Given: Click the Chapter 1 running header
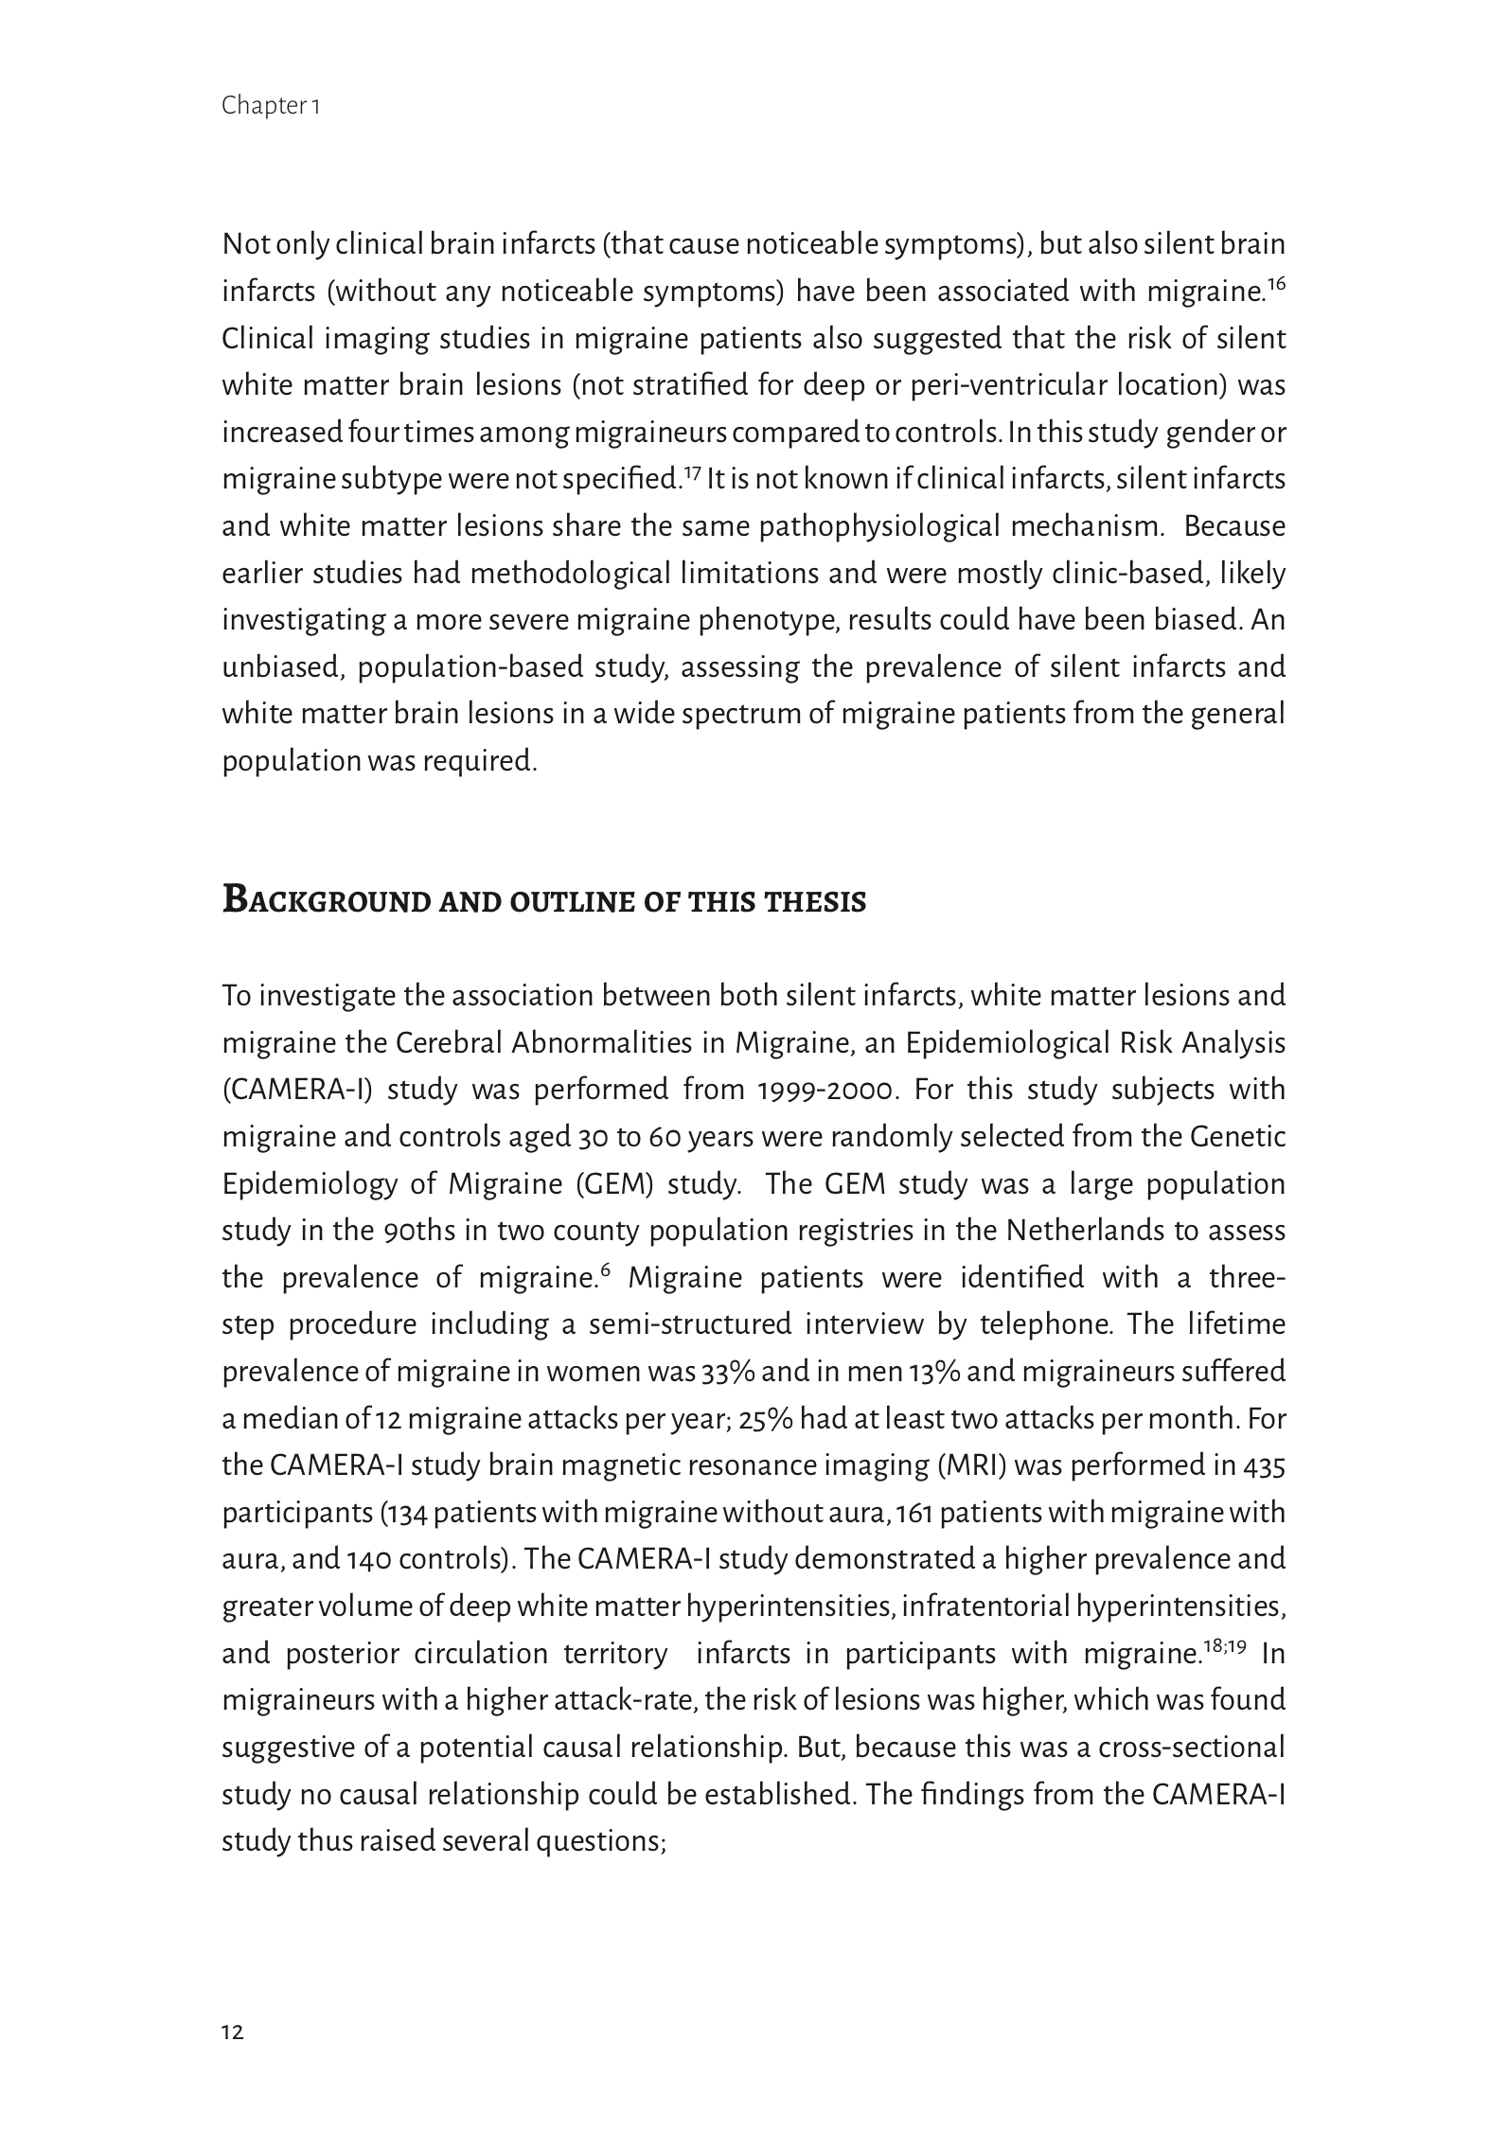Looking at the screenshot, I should pos(271,106).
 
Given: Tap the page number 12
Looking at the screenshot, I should pos(233,2032).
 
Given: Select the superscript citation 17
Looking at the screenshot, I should pos(691,471).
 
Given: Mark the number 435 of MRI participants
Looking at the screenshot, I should pos(1265,1466).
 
